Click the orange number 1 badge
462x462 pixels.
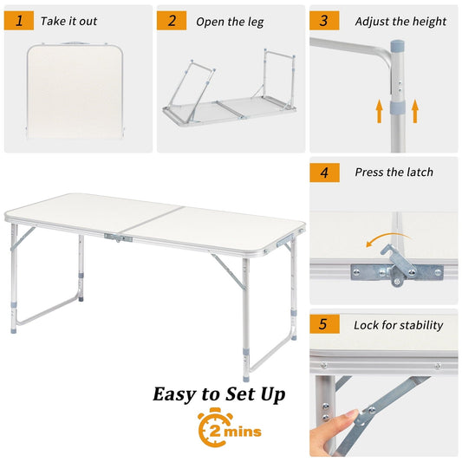(19, 21)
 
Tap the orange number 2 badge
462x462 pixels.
(172, 21)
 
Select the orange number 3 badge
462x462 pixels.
(324, 21)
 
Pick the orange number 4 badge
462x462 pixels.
(324, 172)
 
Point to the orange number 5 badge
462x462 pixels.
(324, 325)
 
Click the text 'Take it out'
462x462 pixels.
(70, 21)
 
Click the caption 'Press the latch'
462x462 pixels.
(394, 172)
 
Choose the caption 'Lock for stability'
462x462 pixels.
(398, 325)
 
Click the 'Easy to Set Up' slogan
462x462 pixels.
(219, 394)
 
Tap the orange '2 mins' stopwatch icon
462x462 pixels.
(228, 429)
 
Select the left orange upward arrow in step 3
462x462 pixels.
(379, 111)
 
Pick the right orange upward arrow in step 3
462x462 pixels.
(415, 111)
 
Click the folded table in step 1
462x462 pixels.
(77, 91)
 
